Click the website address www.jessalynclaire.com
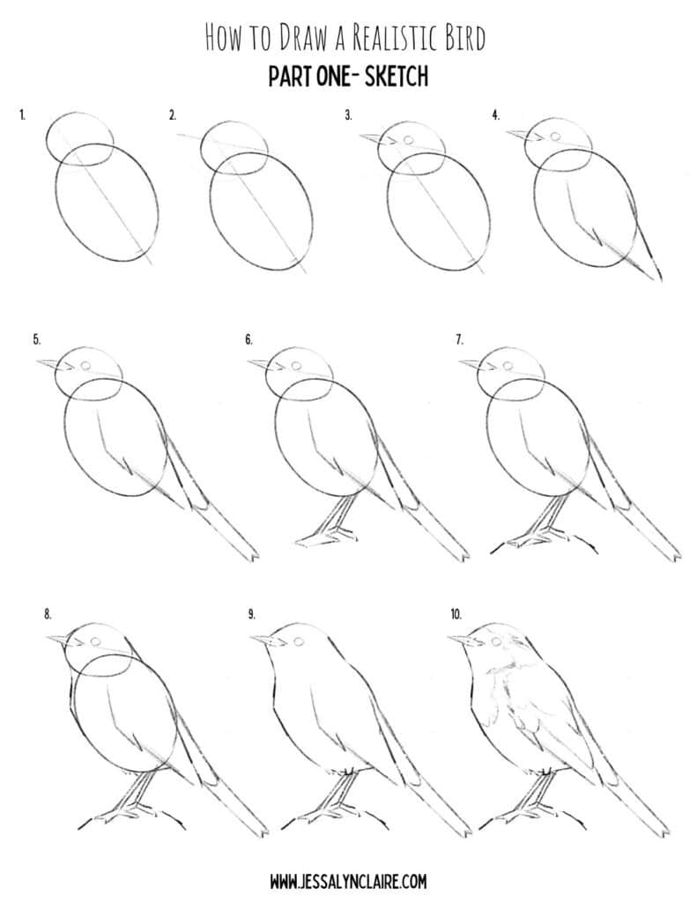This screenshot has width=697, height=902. (x=349, y=880)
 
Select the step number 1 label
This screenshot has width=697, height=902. (x=21, y=115)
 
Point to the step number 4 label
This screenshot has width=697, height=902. (x=496, y=115)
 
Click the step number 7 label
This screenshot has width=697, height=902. (x=460, y=338)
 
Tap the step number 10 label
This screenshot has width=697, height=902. (x=456, y=614)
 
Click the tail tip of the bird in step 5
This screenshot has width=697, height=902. (x=253, y=557)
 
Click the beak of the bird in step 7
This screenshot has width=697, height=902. (x=470, y=364)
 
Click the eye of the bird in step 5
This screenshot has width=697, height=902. (x=86, y=366)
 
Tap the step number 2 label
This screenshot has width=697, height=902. (x=173, y=115)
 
